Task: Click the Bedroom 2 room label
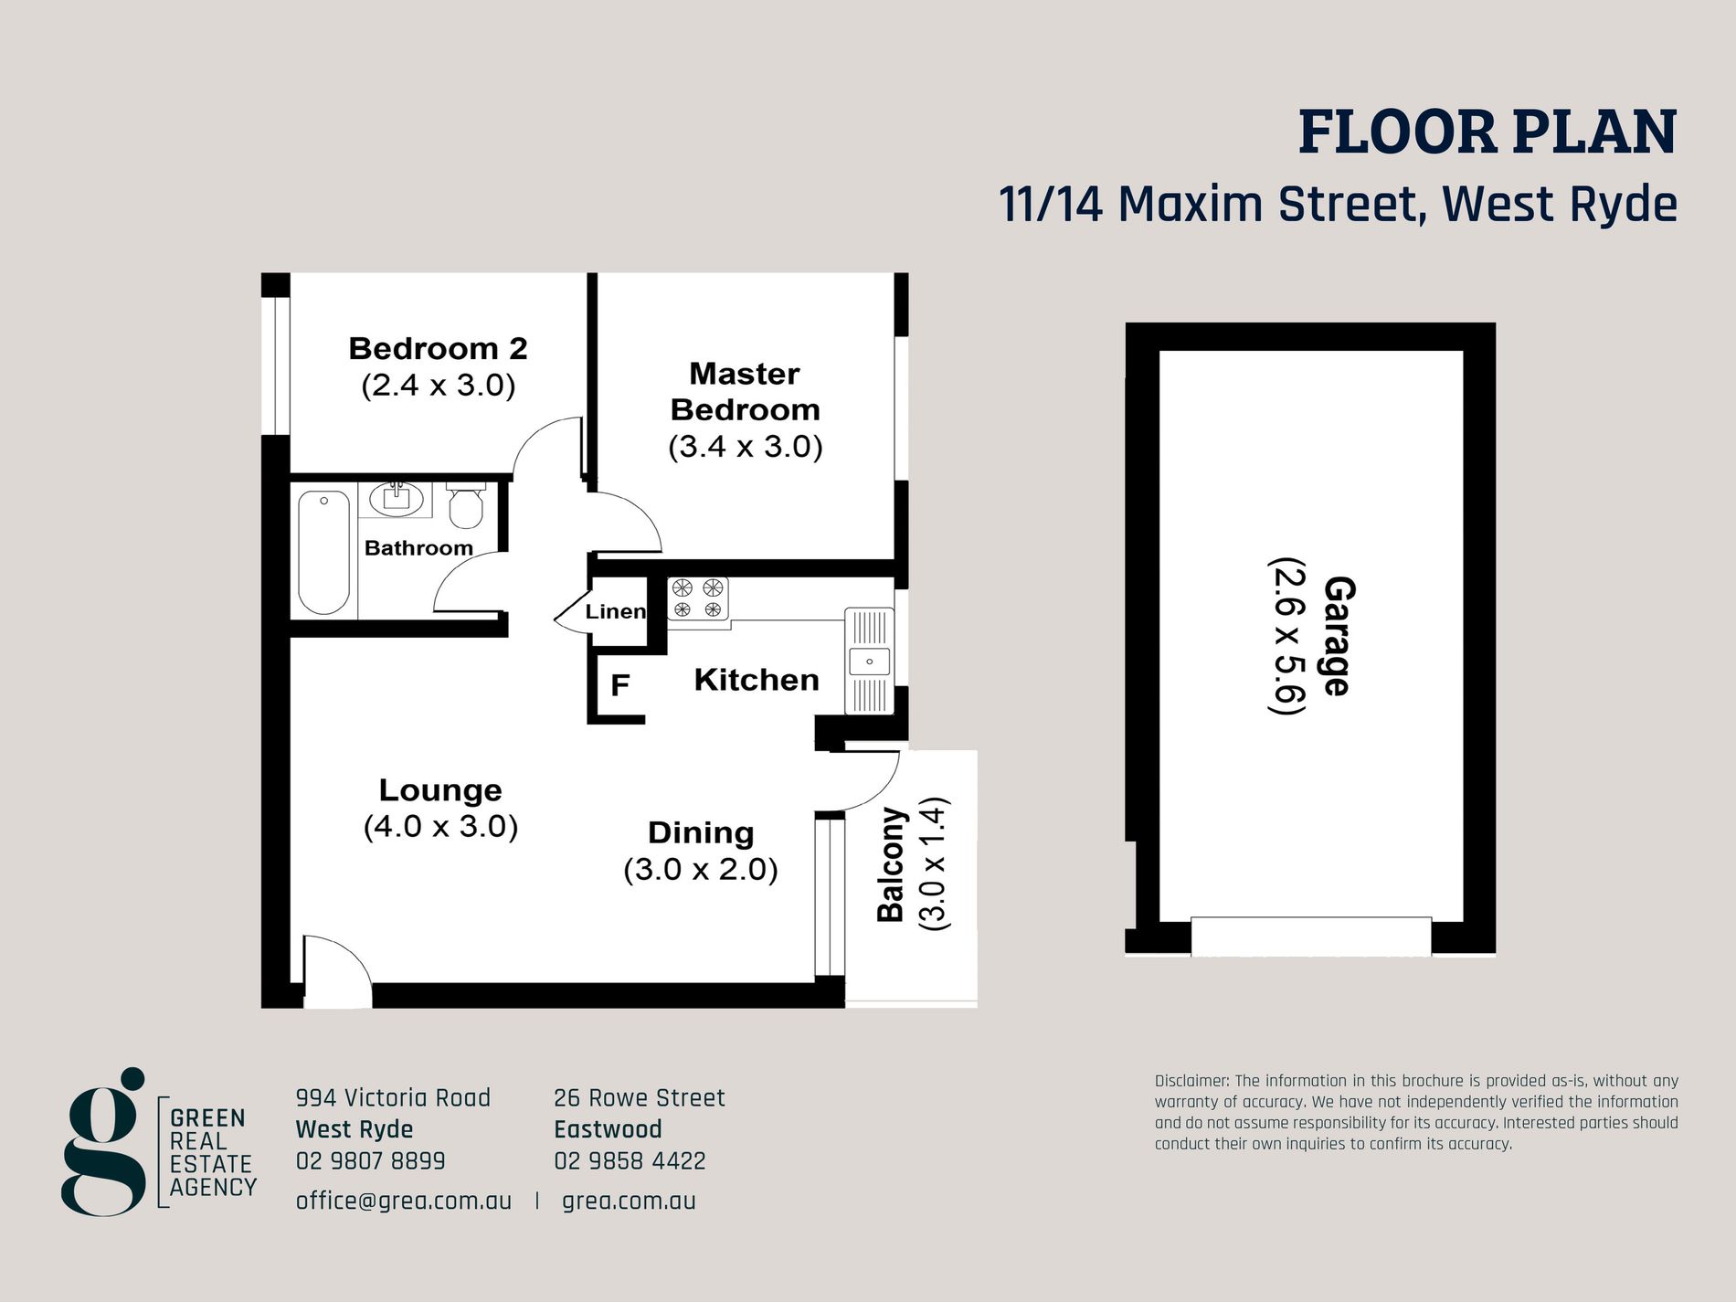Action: click(439, 348)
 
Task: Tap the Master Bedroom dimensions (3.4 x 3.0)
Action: click(746, 447)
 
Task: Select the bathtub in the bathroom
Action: click(323, 552)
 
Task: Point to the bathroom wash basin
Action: click(397, 499)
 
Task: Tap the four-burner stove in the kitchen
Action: click(698, 599)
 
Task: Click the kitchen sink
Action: click(869, 661)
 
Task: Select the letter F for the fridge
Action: click(620, 685)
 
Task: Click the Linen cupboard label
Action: click(615, 611)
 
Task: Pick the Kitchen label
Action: click(757, 680)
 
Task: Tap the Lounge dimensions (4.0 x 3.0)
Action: click(441, 827)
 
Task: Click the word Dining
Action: click(701, 833)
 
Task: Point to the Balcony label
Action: click(891, 864)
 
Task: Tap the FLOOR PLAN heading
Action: click(1487, 132)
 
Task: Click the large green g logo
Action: click(104, 1141)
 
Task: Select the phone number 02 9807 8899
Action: click(371, 1161)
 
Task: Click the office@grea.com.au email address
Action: click(404, 1201)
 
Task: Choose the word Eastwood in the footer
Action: click(608, 1129)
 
